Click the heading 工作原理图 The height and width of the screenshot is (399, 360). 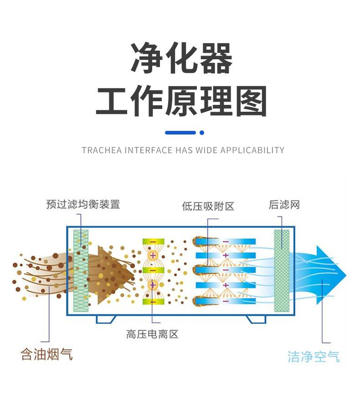click(181, 102)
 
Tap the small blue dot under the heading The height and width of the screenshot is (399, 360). click(202, 133)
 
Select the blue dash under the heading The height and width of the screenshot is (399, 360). click(180, 133)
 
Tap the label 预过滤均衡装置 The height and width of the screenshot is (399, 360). click(83, 204)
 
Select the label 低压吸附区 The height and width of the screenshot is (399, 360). click(208, 207)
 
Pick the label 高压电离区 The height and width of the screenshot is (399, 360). click(152, 334)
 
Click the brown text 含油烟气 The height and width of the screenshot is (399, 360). click(46, 354)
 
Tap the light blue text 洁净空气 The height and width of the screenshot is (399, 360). click(314, 356)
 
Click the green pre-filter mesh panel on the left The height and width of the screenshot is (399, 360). click(81, 271)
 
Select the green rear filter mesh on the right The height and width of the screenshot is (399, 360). click(282, 271)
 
